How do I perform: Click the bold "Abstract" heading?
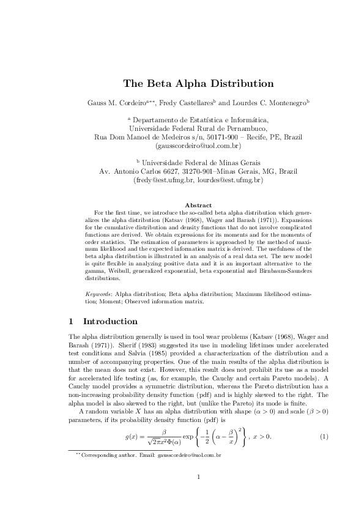[198, 205]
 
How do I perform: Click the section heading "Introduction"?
[110, 321]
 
